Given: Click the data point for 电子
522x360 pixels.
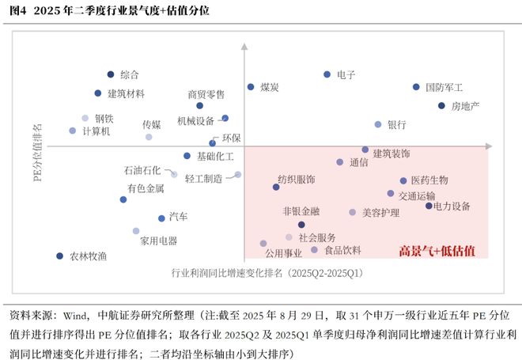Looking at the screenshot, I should tap(327, 74).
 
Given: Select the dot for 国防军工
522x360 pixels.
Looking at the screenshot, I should tap(416, 87).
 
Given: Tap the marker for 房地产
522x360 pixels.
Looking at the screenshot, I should tap(441, 105).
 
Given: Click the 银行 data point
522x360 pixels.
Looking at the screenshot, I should tap(378, 124).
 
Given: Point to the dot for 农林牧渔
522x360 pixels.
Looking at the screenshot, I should tap(59, 256).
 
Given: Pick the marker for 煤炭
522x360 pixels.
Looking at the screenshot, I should tap(251, 87).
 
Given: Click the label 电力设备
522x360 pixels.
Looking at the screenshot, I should tap(453, 207).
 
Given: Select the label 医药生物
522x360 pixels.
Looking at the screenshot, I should tap(429, 181).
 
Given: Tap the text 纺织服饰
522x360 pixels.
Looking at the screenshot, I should tap(296, 179).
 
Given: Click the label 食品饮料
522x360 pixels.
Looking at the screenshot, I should tap(342, 250).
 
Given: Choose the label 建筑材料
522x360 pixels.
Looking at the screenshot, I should tap(126, 93).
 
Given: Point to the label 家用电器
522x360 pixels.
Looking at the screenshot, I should tap(158, 241).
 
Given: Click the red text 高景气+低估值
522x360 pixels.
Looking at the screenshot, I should tap(437, 251).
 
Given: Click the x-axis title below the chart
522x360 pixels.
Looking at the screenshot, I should tap(267, 273).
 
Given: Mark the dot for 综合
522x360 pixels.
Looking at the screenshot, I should tap(110, 74).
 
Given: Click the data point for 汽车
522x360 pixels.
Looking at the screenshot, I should tap(161, 216).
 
